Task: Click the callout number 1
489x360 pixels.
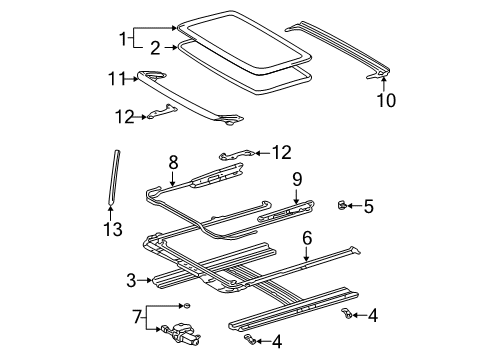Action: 124,39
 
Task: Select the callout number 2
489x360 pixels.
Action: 155,46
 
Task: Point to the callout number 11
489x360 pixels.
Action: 117,77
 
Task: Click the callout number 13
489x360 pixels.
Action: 113,230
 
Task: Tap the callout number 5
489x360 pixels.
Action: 368,207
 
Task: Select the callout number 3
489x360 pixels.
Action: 130,279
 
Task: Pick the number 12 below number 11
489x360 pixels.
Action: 122,117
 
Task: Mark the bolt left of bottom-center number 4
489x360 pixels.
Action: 254,342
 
